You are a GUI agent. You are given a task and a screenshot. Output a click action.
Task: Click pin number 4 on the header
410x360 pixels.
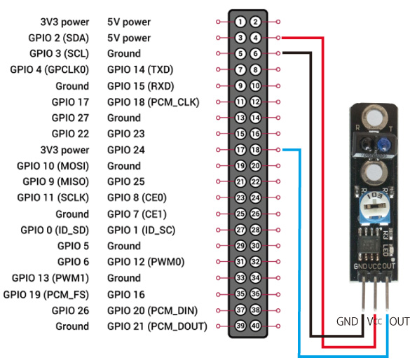pos(256,38)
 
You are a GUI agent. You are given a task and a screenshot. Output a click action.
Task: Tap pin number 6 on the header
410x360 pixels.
pos(256,53)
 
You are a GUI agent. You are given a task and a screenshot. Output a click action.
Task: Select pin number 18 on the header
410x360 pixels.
pos(256,150)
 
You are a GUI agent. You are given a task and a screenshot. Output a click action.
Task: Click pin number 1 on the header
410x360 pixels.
pos(240,22)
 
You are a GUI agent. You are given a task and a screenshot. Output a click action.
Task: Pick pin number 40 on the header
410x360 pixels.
pos(256,326)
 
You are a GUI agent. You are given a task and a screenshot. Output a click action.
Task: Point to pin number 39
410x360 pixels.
pos(240,326)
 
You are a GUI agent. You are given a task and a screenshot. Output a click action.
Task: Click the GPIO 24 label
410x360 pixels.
pos(126,150)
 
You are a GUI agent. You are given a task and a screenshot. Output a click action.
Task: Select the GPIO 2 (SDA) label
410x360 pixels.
pos(59,38)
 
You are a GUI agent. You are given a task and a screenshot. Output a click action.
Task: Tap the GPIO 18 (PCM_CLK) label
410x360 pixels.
pos(153,102)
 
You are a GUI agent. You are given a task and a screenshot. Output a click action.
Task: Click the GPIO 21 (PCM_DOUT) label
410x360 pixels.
pos(157,326)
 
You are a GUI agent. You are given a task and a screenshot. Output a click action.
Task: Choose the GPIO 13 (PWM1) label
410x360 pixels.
pos(50,278)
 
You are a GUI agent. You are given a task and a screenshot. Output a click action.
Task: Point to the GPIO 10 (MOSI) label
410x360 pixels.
pos(53,166)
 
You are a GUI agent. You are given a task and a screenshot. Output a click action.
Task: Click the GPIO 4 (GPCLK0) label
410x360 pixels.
pos(50,70)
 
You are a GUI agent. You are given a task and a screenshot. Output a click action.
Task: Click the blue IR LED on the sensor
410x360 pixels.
pos(383,144)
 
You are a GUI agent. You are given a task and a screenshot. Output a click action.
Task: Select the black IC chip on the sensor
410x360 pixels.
pos(369,244)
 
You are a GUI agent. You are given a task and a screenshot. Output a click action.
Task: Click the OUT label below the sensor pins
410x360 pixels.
pos(399,322)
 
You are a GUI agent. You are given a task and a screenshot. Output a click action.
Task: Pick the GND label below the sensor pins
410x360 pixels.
pos(347,322)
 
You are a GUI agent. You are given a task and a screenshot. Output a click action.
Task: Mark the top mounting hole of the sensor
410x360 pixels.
pos(374,117)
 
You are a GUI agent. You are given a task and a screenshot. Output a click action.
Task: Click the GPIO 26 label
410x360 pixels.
pos(71,311)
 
